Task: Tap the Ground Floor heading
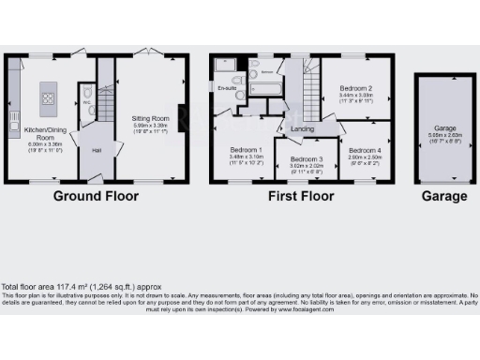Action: point(95,197)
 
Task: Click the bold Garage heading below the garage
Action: point(443,197)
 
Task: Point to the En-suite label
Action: point(226,87)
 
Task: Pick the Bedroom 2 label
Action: point(355,88)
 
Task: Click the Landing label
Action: point(301,129)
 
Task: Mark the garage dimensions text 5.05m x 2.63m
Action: point(443,134)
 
